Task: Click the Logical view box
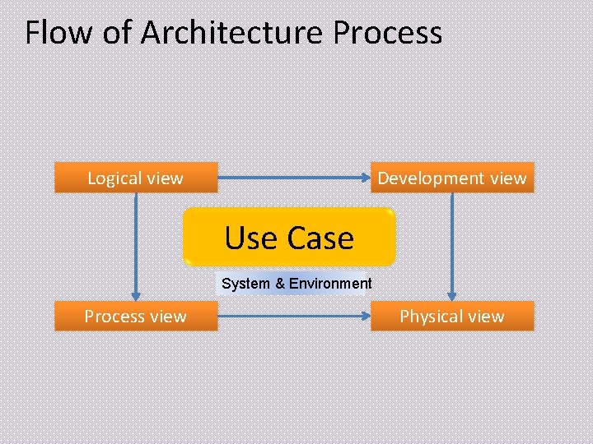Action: click(x=136, y=178)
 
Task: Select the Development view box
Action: click(x=451, y=178)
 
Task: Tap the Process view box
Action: click(x=136, y=317)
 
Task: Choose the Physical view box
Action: click(x=451, y=317)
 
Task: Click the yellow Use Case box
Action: click(x=289, y=238)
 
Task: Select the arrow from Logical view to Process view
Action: click(x=137, y=247)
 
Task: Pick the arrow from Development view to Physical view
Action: click(x=451, y=247)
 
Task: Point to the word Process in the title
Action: click(x=388, y=33)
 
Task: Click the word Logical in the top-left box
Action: click(x=114, y=178)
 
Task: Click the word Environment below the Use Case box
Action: click(x=331, y=284)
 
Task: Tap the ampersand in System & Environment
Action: click(x=280, y=284)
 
